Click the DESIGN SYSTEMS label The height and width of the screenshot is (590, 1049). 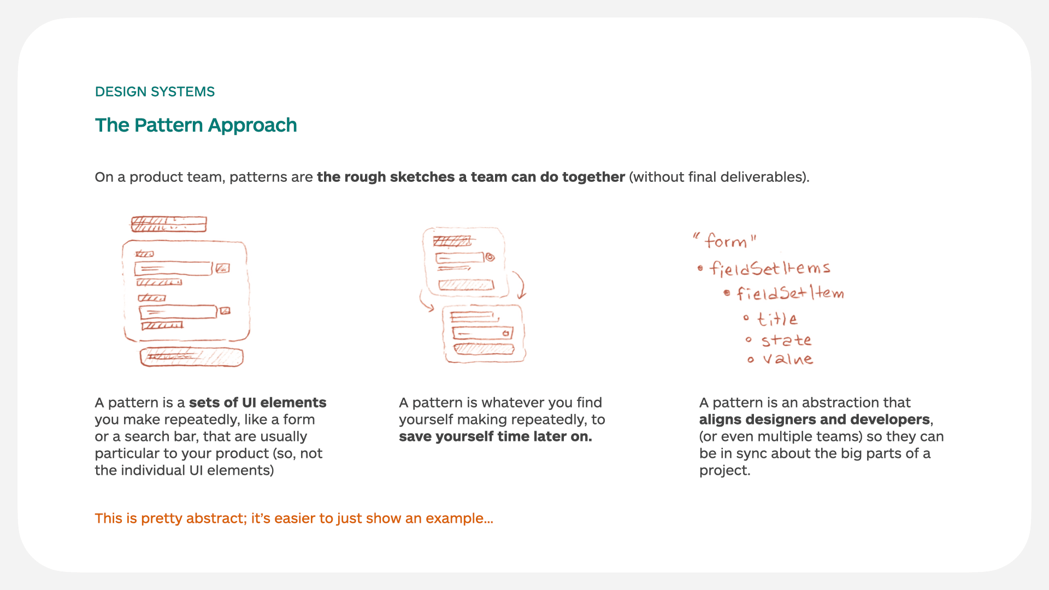tap(155, 92)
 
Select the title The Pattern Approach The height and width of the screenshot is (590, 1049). tap(196, 125)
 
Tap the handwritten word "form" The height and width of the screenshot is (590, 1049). tap(725, 241)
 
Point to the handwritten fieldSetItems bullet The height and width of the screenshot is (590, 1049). tap(769, 268)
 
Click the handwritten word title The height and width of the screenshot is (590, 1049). tap(777, 319)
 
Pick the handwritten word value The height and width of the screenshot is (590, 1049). tap(787, 359)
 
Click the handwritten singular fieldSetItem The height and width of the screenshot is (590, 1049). tap(789, 293)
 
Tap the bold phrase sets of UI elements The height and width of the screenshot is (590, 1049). tap(257, 403)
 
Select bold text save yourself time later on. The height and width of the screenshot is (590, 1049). tap(495, 436)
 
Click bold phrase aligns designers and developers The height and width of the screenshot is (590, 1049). tap(814, 420)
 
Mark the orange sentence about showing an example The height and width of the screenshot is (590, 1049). tap(293, 518)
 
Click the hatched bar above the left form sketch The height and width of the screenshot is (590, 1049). tap(168, 224)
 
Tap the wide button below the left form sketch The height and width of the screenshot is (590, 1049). tap(191, 357)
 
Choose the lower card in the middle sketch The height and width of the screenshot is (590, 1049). tap(484, 333)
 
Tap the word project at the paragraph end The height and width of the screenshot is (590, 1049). tap(723, 470)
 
